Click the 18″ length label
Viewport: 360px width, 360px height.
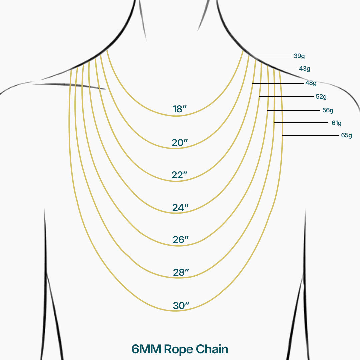pos(179,109)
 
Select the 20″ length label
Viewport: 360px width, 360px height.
pos(180,143)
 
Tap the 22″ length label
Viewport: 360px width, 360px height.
pos(179,175)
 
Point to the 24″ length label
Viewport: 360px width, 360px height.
pos(180,208)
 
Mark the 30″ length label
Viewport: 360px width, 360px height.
pos(181,305)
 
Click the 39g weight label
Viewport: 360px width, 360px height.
pos(299,56)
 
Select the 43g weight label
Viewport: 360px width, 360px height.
pos(305,69)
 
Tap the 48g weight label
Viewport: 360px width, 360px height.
pos(311,83)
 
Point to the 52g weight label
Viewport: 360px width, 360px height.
pos(321,97)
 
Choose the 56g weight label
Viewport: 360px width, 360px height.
pos(328,110)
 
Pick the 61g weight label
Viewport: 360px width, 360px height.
pos(336,123)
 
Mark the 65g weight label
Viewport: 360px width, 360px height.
pos(346,135)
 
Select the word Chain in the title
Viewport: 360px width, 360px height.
pos(212,349)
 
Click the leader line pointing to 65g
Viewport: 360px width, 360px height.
pos(310,136)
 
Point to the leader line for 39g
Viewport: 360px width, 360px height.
pos(267,56)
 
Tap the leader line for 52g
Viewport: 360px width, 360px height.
pos(287,97)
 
